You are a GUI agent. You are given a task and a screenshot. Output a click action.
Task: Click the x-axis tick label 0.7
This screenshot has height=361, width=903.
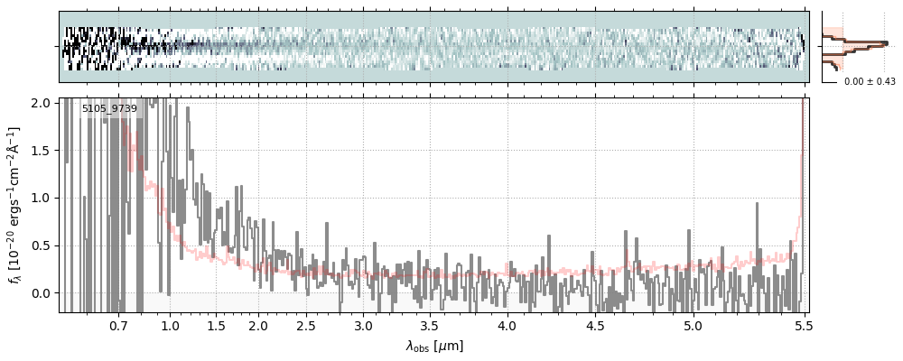118,325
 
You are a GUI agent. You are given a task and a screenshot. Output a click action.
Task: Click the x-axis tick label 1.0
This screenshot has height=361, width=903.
170,325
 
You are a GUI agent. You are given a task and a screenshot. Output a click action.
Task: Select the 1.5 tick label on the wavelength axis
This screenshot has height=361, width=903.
217,325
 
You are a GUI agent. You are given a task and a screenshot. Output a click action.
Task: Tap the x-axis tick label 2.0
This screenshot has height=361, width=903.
258,325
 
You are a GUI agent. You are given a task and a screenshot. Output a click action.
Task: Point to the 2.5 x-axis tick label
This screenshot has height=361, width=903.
306,325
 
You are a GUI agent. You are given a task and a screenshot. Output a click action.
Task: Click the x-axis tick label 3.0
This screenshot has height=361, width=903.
363,325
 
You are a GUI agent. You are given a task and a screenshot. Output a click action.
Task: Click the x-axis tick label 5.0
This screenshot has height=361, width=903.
693,325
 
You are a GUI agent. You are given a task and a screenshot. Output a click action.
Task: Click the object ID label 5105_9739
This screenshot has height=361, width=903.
109,108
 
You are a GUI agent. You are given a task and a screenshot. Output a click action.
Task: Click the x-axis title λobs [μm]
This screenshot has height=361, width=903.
434,346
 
